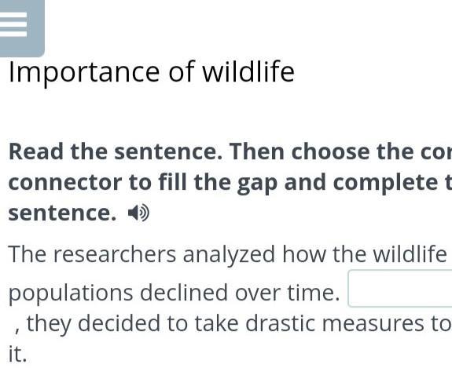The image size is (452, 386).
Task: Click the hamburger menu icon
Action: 13,24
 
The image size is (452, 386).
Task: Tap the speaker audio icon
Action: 138,213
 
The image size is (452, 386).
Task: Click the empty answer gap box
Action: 400,289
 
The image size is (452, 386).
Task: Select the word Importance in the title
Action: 84,73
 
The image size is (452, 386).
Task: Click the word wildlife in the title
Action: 248,71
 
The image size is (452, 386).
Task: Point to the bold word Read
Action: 36,151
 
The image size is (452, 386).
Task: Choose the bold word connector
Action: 65,182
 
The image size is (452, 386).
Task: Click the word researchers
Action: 115,254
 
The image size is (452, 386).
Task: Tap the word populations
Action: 71,293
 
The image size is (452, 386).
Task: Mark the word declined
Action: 184,292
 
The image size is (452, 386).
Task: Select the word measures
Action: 373,324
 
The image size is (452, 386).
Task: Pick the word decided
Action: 119,323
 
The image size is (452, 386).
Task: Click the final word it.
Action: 17,354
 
